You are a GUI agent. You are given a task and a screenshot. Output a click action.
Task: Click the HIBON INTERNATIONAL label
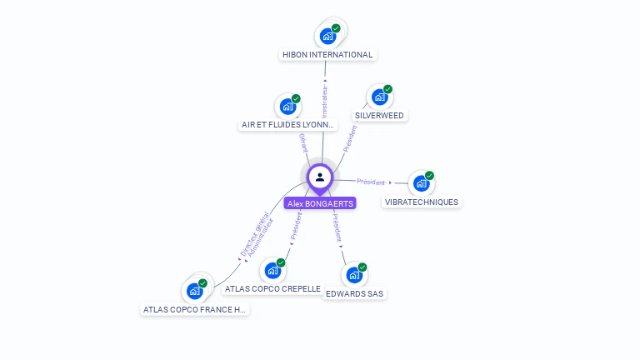327,55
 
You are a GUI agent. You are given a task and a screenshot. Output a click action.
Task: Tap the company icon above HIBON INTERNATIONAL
327,36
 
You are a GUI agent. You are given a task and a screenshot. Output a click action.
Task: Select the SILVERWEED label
379,116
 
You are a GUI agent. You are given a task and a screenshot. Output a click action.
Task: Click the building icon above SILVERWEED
380,97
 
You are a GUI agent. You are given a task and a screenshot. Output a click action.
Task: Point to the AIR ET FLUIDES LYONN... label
287,125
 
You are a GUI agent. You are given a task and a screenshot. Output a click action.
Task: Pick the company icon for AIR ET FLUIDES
287,106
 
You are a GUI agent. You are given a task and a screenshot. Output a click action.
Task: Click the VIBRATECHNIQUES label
422,202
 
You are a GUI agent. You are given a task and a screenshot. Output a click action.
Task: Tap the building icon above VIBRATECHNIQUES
421,182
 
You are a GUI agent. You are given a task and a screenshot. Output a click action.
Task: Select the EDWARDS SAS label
355,293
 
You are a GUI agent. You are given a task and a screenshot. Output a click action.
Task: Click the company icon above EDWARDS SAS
354,274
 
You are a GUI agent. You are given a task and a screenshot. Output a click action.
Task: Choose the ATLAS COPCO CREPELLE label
272,288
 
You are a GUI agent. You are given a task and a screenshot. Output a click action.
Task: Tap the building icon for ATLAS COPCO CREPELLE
272,270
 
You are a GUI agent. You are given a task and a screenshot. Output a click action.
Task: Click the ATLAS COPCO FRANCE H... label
195,309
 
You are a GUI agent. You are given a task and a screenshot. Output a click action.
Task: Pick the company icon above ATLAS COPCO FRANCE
195,290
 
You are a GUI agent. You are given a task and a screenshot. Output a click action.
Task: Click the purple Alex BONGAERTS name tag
320,203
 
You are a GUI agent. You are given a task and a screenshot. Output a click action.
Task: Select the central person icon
320,177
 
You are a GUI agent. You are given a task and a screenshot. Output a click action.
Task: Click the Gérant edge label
303,142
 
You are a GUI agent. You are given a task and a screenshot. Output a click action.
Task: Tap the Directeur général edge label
247,238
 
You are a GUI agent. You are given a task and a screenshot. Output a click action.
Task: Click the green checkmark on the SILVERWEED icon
387,89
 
